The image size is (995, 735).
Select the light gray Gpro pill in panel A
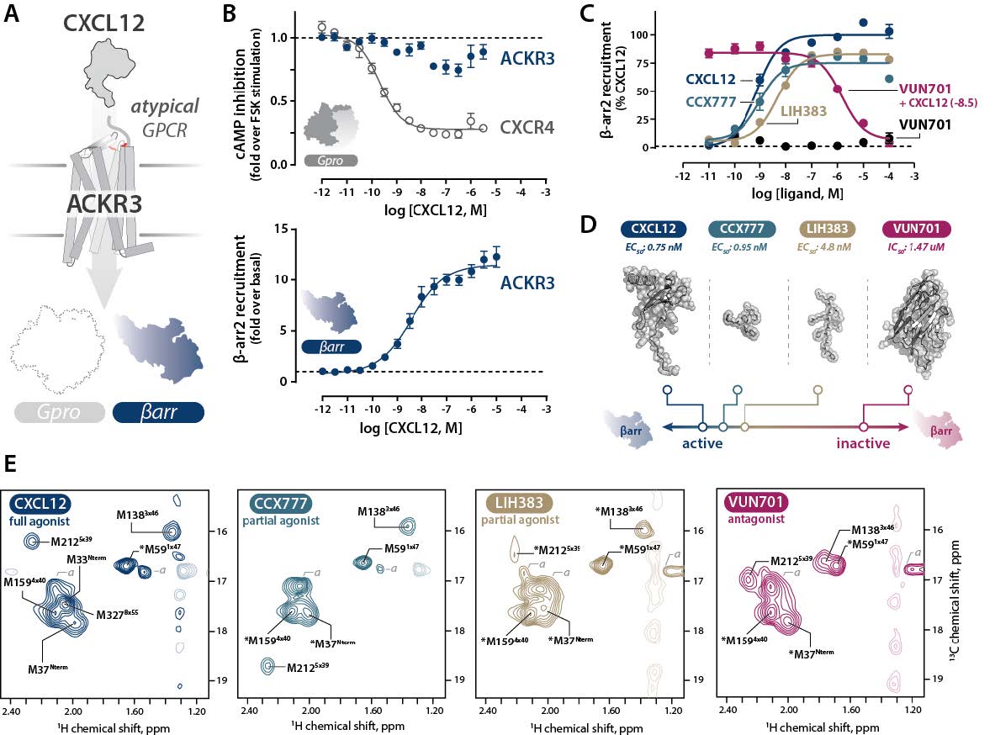tap(59, 412)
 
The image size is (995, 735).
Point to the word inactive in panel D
tap(862, 443)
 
